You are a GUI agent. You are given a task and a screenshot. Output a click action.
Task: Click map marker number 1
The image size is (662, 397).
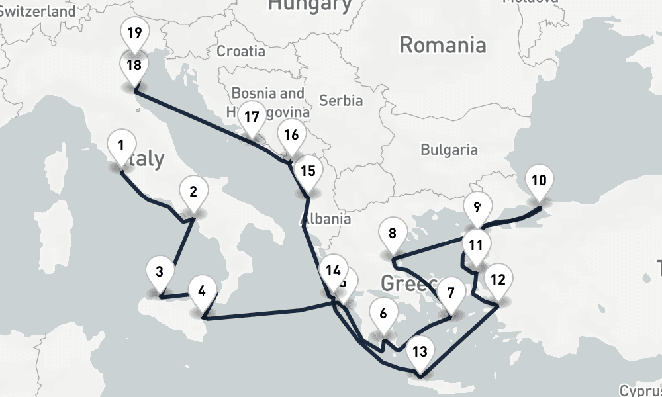121,146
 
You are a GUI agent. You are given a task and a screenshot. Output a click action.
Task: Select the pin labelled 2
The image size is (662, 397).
193,193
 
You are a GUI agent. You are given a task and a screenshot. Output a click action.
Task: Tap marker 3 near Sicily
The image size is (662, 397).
160,271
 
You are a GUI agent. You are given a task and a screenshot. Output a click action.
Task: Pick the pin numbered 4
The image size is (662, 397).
202,290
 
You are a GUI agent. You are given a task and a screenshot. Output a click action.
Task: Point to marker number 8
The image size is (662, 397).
393,234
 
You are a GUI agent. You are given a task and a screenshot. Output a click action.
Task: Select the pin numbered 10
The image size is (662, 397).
539,180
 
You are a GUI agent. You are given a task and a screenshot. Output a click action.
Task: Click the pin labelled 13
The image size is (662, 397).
420,351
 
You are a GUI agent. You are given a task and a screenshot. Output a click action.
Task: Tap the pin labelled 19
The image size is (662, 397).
134,33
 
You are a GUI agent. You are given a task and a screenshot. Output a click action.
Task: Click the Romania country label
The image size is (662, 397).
443,46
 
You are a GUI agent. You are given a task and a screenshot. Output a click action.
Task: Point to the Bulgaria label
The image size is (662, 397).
449,150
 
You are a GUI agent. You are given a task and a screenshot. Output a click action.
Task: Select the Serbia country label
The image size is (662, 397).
341,101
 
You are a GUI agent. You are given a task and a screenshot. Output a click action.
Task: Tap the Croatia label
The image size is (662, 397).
241,51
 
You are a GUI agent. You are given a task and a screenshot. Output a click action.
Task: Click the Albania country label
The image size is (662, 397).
326,219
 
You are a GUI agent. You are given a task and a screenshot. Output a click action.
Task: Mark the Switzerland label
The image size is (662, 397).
38,11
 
